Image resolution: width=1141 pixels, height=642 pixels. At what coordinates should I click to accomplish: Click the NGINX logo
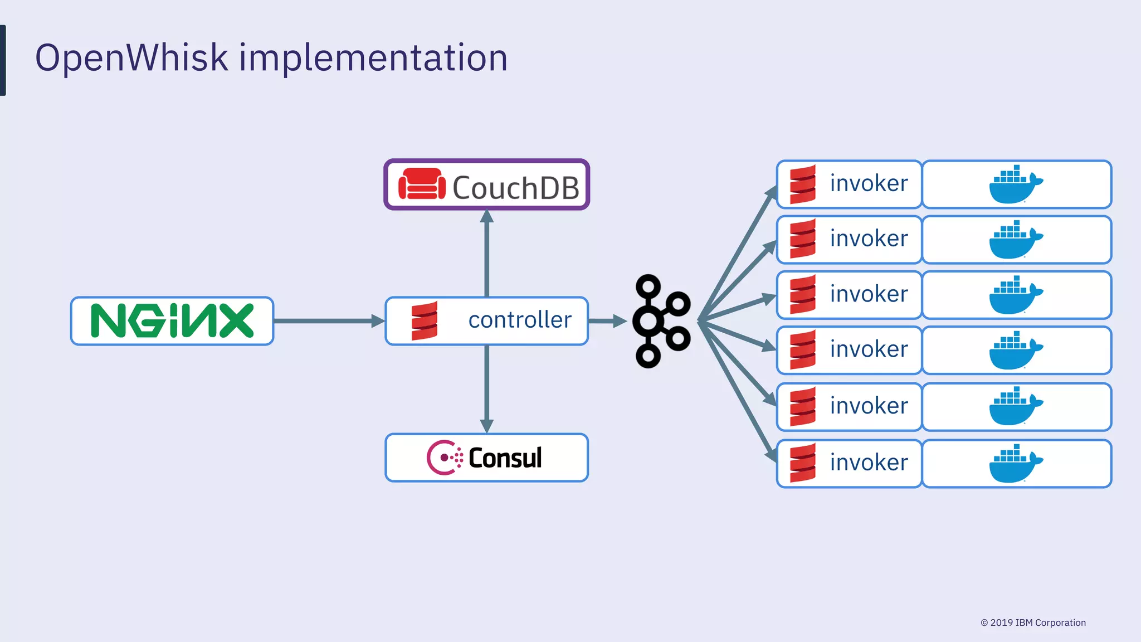pos(172,321)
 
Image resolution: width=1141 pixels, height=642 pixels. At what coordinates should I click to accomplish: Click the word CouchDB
pos(515,188)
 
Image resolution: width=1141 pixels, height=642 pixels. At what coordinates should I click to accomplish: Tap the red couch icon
pos(422,184)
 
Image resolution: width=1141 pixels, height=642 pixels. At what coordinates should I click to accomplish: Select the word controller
pos(520,320)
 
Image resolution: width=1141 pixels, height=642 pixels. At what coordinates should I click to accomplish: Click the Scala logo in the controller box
pos(425,320)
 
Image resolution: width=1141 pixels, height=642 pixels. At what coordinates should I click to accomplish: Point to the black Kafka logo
pos(661,321)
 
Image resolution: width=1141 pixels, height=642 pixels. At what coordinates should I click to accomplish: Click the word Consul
pos(505,458)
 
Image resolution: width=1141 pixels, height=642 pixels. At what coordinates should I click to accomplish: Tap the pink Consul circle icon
pos(444,458)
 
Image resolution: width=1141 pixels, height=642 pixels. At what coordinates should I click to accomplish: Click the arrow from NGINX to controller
pos(329,321)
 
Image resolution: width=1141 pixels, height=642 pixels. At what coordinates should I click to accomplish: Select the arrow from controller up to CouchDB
pos(487,254)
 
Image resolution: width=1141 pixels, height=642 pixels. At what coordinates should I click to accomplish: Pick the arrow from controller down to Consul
pos(487,388)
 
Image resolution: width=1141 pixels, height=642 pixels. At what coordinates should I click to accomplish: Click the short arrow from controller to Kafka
pos(607,321)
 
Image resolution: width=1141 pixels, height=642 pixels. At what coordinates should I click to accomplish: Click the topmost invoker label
pos(869,183)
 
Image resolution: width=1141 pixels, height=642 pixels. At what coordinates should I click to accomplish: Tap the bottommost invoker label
pos(869,463)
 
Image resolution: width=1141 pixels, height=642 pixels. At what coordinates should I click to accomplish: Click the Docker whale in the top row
pos(1015,184)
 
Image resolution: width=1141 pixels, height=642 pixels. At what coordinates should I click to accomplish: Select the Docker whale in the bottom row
pos(1015,464)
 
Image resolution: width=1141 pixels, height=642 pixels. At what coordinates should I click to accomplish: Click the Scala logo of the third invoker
pos(803,294)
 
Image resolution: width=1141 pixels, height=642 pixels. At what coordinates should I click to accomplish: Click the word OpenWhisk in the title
pos(131,57)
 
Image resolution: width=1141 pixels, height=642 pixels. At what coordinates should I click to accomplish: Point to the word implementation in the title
pos(373,59)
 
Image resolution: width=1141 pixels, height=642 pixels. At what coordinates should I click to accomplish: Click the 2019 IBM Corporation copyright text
pos(1033,622)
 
